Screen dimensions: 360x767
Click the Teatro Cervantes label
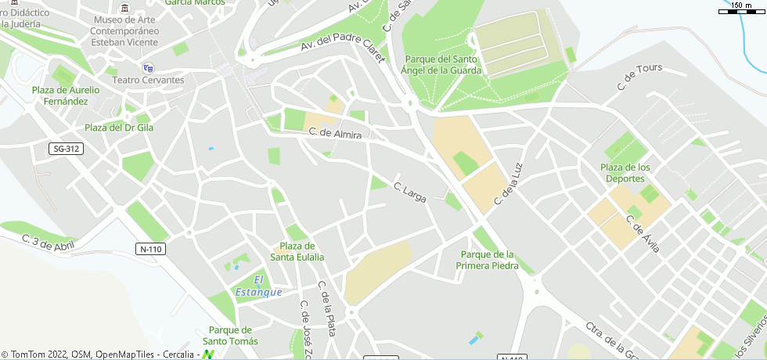pyautogui.click(x=149, y=81)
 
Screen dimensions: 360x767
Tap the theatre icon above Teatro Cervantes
pyautogui.click(x=148, y=68)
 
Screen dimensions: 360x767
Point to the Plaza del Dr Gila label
pyautogui.click(x=118, y=128)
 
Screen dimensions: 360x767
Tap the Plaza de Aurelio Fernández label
pyautogui.click(x=66, y=95)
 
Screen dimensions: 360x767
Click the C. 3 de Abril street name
pyautogui.click(x=48, y=243)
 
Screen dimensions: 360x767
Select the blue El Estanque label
pyautogui.click(x=258, y=286)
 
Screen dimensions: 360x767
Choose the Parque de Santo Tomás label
pyautogui.click(x=230, y=335)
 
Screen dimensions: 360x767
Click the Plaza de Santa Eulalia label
pyautogui.click(x=297, y=251)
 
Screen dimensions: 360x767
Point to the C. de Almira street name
pyautogui.click(x=335, y=135)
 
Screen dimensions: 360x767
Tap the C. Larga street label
pyautogui.click(x=409, y=193)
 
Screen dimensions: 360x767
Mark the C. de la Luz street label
pyautogui.click(x=507, y=185)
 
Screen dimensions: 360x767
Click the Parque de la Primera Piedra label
pyautogui.click(x=488, y=260)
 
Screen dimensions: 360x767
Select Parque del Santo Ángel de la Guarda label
pyautogui.click(x=442, y=64)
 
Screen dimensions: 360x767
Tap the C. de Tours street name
pyautogui.click(x=639, y=78)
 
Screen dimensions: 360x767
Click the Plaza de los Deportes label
pyautogui.click(x=625, y=173)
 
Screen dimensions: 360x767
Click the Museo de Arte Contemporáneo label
pyautogui.click(x=125, y=30)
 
